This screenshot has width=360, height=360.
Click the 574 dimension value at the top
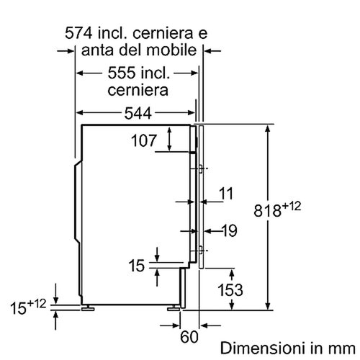[79, 33]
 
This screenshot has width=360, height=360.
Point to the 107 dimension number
[144, 141]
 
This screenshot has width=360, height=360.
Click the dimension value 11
[226, 193]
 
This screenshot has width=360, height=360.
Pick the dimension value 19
[228, 231]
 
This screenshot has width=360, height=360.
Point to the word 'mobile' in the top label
[174, 50]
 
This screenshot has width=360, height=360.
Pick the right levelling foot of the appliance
[175, 307]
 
